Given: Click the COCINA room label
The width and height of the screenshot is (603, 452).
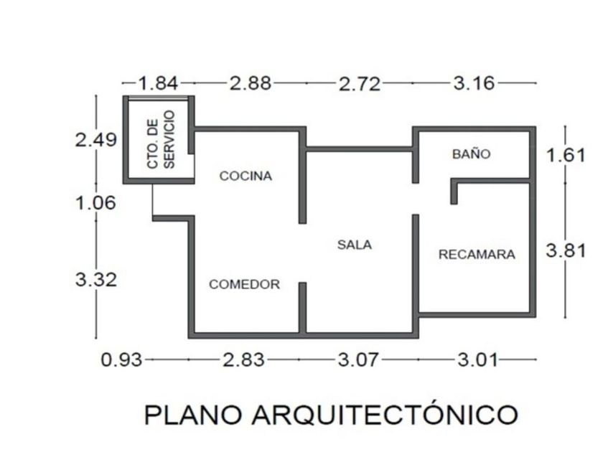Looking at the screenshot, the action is coord(246,176).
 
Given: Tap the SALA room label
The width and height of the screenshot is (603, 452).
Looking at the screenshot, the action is coord(355,245).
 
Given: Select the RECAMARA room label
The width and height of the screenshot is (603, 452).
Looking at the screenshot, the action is coord(477,254).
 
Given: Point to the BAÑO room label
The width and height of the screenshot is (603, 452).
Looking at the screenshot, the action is coord(471,154).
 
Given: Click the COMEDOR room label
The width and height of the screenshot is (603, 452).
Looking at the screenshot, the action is coord(244,285).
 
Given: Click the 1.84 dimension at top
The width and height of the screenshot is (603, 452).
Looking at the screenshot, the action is coord(158,83).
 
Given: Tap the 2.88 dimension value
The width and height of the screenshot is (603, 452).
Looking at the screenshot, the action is coord(251,83).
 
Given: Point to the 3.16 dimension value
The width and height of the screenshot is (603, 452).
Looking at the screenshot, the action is coord(474,83).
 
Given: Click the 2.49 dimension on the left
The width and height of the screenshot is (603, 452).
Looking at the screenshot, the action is coord(96,139).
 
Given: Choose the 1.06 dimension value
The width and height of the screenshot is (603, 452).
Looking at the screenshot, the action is coord(95,203).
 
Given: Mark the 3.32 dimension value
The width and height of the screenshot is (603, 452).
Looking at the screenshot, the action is coord(95,279).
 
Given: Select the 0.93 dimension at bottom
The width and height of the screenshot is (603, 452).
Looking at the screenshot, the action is coord(122,359).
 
